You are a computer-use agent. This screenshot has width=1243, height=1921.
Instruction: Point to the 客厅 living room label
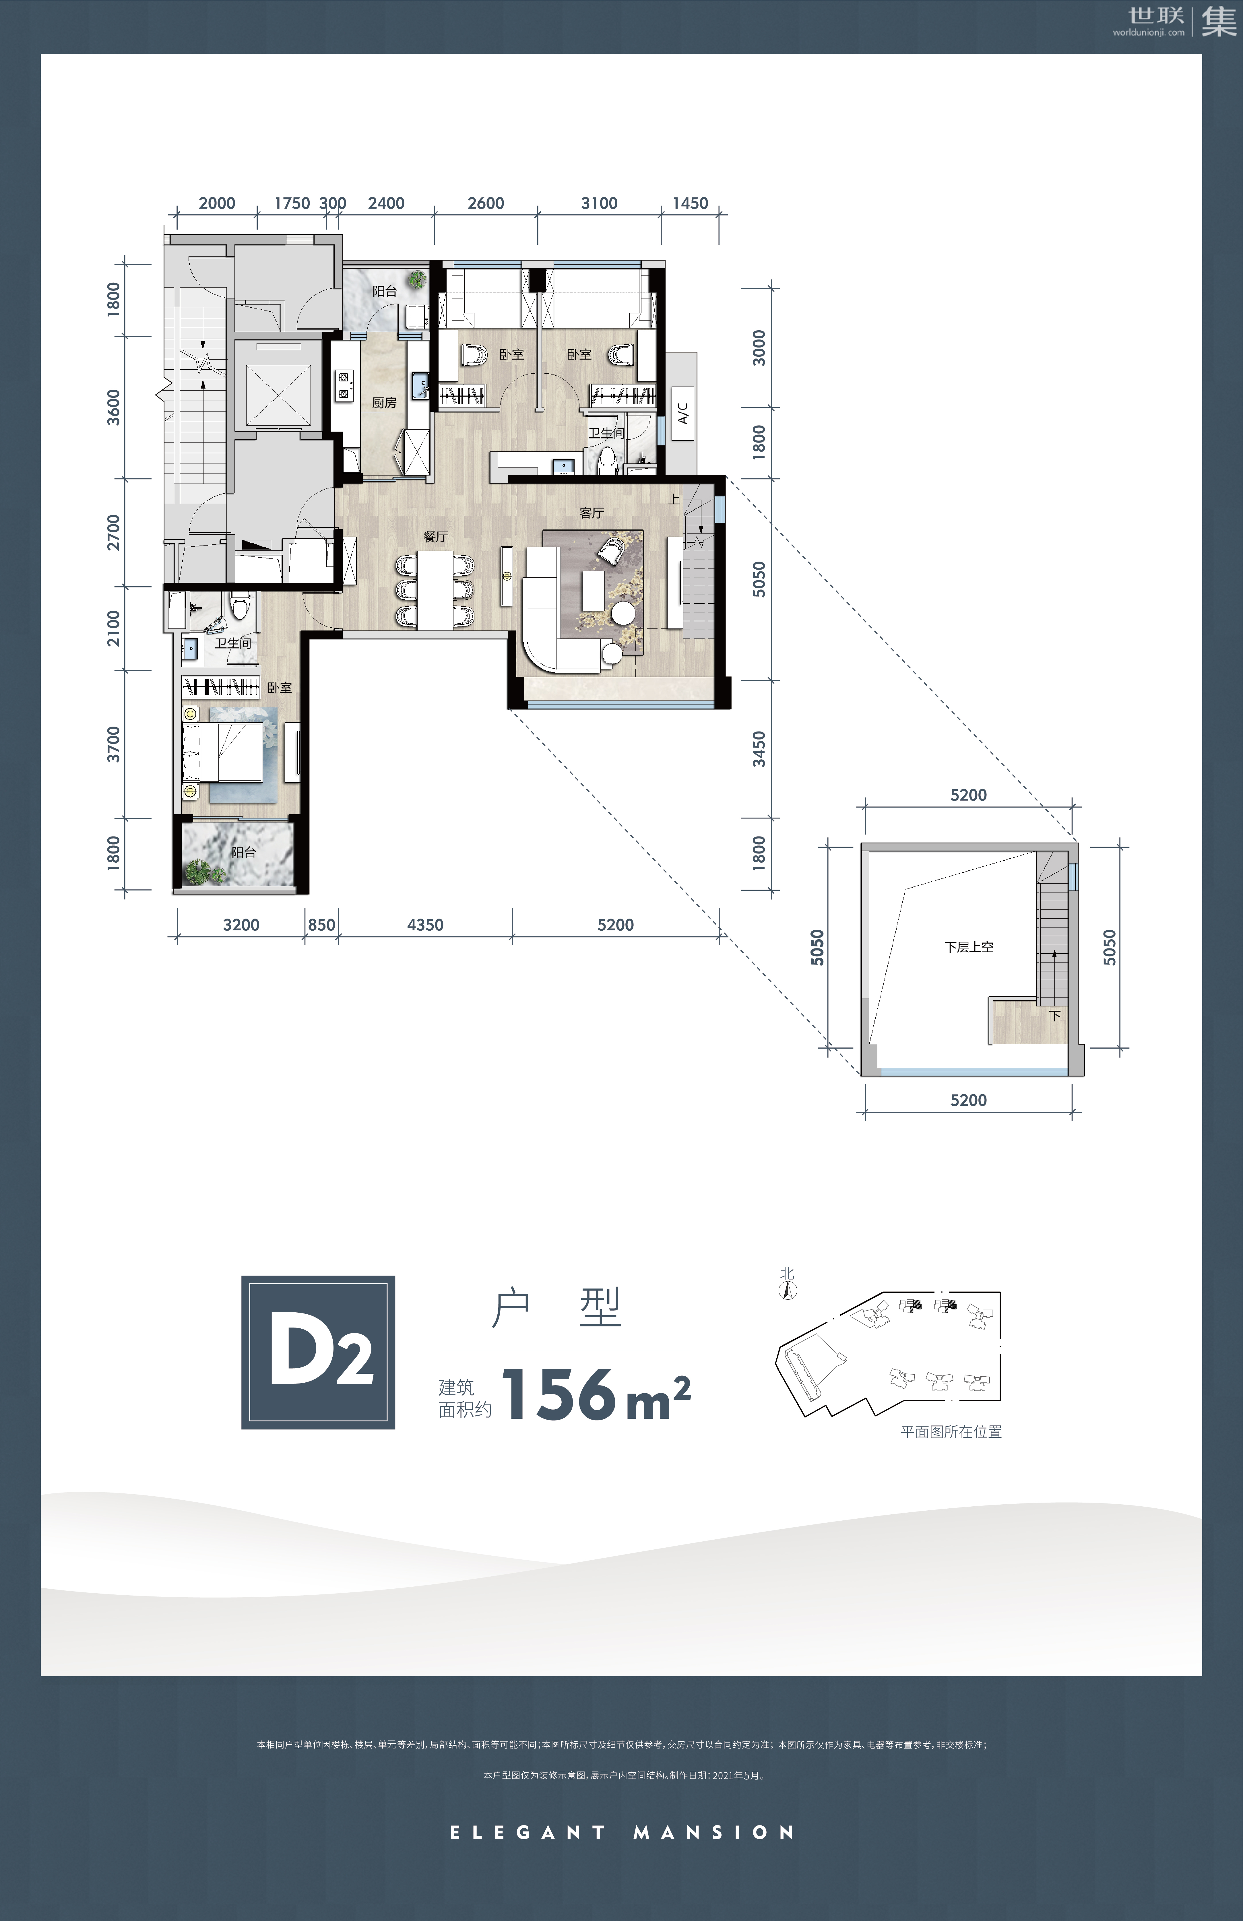[592, 513]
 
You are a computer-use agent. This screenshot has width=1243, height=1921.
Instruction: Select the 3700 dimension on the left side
[113, 743]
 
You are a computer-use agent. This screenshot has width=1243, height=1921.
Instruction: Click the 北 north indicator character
[787, 1274]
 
